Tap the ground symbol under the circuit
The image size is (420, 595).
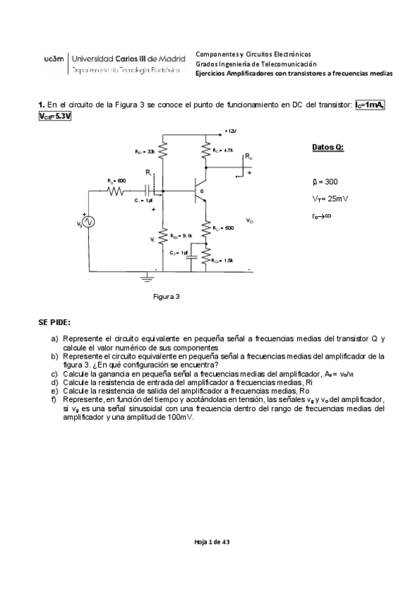click(146, 278)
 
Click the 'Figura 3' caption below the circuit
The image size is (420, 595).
click(167, 297)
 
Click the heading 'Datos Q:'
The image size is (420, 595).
click(327, 148)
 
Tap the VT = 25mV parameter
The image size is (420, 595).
click(330, 199)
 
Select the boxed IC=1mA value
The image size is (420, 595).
click(370, 105)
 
